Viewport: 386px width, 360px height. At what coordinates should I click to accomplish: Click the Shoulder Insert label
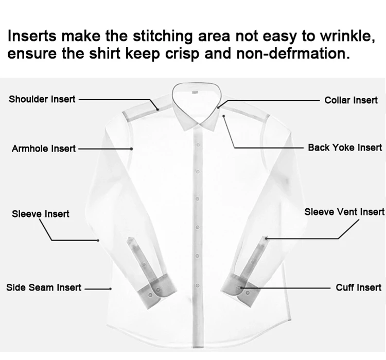pyautogui.click(x=42, y=99)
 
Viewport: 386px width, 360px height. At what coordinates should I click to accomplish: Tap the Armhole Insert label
pyautogui.click(x=44, y=149)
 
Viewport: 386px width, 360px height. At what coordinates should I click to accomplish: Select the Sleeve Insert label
pyautogui.click(x=41, y=213)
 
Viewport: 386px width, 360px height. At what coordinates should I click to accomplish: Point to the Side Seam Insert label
pyautogui.click(x=44, y=287)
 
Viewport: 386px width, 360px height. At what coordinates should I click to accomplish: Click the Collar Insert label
pyautogui.click(x=351, y=100)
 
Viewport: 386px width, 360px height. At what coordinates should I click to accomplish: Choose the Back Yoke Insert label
pyautogui.click(x=345, y=148)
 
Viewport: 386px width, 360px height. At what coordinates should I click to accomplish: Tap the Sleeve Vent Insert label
pyautogui.click(x=344, y=212)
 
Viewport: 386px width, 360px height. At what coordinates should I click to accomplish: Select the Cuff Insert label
pyautogui.click(x=359, y=287)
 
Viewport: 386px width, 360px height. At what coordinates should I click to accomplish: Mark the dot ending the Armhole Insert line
pyautogui.click(x=132, y=149)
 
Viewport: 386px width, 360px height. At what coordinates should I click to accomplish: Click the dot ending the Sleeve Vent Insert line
pyautogui.click(x=267, y=238)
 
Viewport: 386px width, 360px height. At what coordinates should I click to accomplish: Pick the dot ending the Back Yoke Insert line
pyautogui.click(x=224, y=116)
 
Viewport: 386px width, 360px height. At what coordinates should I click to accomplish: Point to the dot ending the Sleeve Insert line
pyautogui.click(x=98, y=240)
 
